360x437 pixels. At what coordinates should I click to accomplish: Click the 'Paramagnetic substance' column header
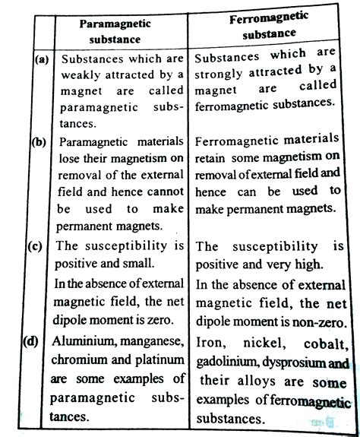click(115, 30)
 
